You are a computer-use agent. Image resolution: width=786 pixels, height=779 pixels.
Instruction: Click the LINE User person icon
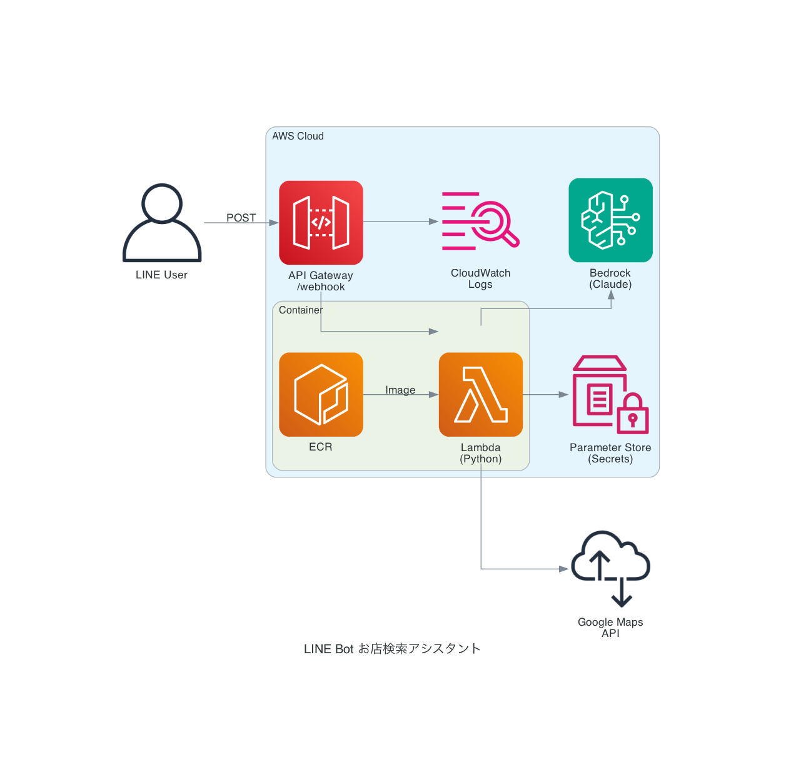click(x=162, y=223)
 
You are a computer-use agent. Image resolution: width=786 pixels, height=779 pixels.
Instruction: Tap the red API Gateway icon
click(x=321, y=223)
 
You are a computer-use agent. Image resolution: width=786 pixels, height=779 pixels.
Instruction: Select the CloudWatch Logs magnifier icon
click(x=480, y=221)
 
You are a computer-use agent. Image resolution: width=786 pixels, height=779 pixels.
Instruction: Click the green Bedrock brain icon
click(x=610, y=220)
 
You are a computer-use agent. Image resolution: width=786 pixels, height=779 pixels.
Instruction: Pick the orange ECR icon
click(x=321, y=394)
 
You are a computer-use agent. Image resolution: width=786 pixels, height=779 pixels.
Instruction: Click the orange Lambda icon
click(x=480, y=394)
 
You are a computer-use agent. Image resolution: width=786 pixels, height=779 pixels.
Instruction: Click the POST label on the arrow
click(x=241, y=218)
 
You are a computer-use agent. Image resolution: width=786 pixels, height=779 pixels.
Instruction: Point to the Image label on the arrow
click(x=400, y=390)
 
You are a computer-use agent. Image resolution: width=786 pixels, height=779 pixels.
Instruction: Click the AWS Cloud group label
click(x=298, y=136)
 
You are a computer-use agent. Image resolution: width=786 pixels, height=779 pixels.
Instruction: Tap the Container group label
click(x=301, y=310)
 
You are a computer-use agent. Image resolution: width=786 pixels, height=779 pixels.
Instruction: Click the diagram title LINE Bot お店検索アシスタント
click(x=392, y=649)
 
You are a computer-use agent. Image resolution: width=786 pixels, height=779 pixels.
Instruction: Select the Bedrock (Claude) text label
click(x=610, y=278)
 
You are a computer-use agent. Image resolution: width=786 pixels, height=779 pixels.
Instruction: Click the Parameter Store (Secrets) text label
click(x=610, y=453)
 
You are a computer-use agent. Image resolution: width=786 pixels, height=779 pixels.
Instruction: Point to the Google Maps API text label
click(x=610, y=628)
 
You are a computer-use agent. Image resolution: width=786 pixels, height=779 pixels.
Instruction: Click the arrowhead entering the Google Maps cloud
click(x=563, y=569)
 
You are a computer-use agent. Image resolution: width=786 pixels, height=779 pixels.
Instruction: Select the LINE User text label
click(x=161, y=275)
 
